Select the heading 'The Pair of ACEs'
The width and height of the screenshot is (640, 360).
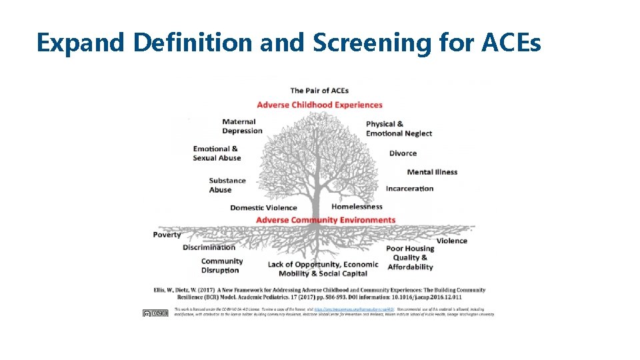click(319, 91)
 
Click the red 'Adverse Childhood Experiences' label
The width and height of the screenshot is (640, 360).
click(319, 105)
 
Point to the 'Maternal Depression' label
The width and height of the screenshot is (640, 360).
click(242, 126)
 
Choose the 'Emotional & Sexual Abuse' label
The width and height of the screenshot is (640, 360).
click(217, 153)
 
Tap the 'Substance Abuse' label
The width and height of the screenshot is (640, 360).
click(227, 185)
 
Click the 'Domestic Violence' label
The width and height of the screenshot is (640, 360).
click(263, 208)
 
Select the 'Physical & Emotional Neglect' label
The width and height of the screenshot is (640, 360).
click(399, 129)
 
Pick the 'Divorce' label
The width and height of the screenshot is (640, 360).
click(403, 153)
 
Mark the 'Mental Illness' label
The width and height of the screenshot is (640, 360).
click(432, 172)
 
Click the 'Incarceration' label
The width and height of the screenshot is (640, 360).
click(409, 189)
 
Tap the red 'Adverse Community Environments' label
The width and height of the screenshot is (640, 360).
click(325, 220)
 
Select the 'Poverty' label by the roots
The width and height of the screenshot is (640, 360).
click(167, 235)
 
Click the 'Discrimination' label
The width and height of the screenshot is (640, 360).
click(209, 248)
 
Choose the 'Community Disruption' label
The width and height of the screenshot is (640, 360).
click(221, 266)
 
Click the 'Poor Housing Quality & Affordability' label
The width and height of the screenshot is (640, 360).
click(410, 258)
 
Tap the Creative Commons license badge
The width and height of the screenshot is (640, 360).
click(155, 313)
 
